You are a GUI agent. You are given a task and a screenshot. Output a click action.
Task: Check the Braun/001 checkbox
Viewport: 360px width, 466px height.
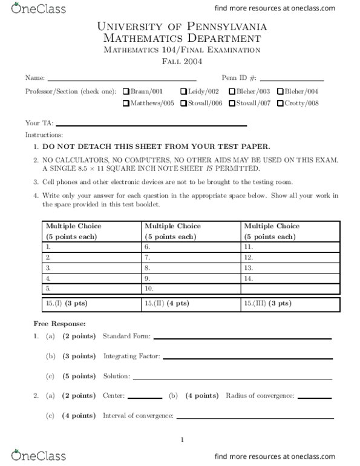pyautogui.click(x=126, y=91)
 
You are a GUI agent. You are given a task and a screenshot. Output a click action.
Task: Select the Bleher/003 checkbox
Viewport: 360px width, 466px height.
pyautogui.click(x=232, y=91)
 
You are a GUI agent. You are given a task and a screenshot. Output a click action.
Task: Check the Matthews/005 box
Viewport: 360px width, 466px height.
pyautogui.click(x=126, y=103)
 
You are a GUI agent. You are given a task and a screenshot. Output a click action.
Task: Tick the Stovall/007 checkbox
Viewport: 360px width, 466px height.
pyautogui.click(x=232, y=103)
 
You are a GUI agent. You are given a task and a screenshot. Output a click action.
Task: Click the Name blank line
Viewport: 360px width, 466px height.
pyautogui.click(x=122, y=79)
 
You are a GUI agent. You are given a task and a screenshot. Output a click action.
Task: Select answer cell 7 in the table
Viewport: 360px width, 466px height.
pyautogui.click(x=191, y=257)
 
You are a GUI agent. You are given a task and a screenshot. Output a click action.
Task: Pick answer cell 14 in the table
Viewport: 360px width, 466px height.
pyautogui.click(x=289, y=278)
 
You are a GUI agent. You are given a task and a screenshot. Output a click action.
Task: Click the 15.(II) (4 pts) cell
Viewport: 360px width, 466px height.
pyautogui.click(x=191, y=303)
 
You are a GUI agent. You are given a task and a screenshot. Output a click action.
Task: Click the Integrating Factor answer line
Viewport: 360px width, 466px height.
pyautogui.click(x=248, y=357)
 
